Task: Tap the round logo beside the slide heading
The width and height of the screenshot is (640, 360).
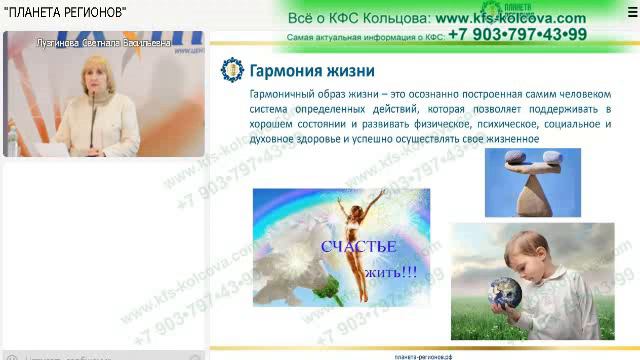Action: click(231, 71)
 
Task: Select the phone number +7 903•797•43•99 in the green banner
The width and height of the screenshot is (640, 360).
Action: click(517, 34)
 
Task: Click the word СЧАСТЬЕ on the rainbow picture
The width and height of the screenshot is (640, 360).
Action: click(359, 246)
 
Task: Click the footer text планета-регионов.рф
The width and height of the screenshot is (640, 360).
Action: click(424, 356)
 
